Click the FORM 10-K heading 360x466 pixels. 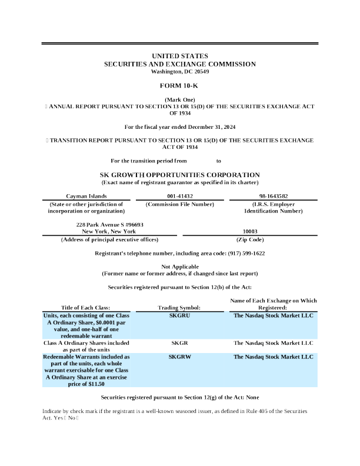179,86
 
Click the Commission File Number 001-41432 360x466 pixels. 179,195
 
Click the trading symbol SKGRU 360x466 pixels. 179,315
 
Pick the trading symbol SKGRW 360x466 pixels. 179,357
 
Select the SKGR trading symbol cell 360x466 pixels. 179,342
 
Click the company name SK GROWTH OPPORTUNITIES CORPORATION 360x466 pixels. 179,175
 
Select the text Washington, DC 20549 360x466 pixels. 179,71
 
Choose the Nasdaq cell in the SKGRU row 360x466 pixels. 273,315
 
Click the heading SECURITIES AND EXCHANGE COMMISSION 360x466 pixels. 179,64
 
